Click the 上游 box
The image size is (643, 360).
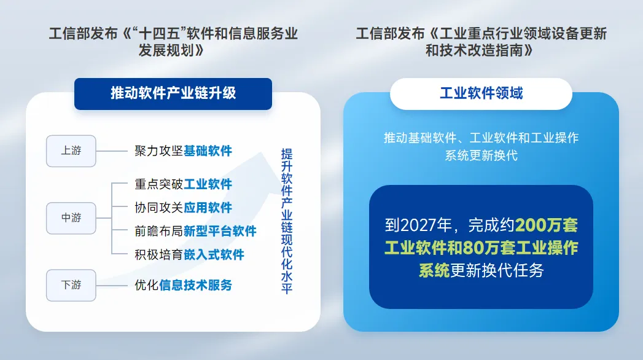click(x=71, y=151)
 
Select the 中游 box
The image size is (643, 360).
click(x=71, y=218)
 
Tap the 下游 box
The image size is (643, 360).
click(x=71, y=285)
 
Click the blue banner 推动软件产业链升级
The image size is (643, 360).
click(x=173, y=93)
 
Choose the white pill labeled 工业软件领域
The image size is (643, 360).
click(x=481, y=93)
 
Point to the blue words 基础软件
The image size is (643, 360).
click(x=208, y=151)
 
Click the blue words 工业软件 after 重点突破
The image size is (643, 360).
click(x=208, y=184)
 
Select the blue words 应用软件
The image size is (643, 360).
click(x=208, y=208)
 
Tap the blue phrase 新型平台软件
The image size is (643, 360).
click(x=220, y=231)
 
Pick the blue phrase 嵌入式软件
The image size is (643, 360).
click(x=214, y=254)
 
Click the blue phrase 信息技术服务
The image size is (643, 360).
click(x=195, y=285)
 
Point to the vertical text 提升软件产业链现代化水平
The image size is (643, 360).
click(x=287, y=221)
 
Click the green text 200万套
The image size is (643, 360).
click(x=547, y=225)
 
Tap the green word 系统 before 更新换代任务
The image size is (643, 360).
click(x=434, y=270)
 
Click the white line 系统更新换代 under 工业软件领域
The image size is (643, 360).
click(x=481, y=155)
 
